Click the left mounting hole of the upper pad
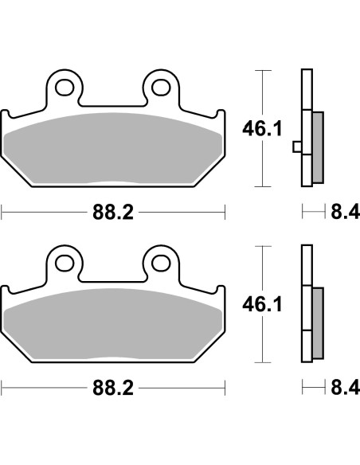pyautogui.click(x=64, y=85)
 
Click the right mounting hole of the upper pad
pyautogui.click(x=160, y=85)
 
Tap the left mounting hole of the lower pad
pyautogui.click(x=64, y=260)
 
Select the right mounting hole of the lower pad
pyautogui.click(x=160, y=260)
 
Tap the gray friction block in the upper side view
pyautogui.click(x=318, y=146)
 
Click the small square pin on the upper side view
pyautogui.click(x=297, y=147)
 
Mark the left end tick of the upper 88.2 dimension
pyautogui.click(x=2, y=213)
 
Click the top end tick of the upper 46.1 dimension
pyautogui.click(x=260, y=71)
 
